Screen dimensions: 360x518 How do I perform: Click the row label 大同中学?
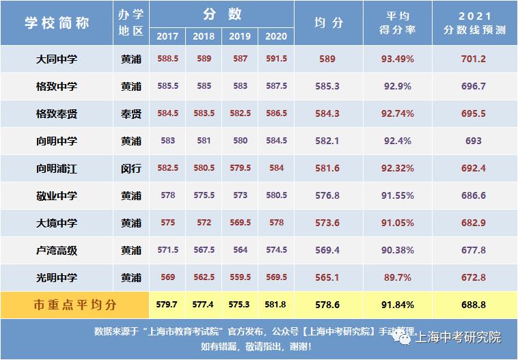57,59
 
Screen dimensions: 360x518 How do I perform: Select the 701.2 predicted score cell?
473,59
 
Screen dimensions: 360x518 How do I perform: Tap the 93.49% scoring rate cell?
397,59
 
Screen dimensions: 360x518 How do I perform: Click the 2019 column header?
240,36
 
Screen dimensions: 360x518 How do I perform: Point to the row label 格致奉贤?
57,114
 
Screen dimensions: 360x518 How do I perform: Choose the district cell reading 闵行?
131,168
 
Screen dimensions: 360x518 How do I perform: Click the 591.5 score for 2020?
276,59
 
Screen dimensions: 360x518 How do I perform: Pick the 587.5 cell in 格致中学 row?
276,87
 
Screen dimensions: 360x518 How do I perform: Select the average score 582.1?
327,141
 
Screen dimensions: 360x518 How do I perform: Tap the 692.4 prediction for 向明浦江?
473,168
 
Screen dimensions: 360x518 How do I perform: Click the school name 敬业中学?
57,196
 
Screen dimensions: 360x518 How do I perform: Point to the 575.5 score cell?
204,195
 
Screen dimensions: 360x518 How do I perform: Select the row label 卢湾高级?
57,251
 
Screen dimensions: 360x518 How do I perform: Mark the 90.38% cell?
397,251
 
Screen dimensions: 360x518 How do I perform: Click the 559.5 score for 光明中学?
240,277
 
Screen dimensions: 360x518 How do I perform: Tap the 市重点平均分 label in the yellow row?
75,305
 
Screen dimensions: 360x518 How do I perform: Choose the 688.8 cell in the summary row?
473,305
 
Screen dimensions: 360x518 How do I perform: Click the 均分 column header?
328,23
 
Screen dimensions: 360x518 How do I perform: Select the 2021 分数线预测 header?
473,23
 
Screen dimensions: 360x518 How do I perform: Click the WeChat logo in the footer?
405,337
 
